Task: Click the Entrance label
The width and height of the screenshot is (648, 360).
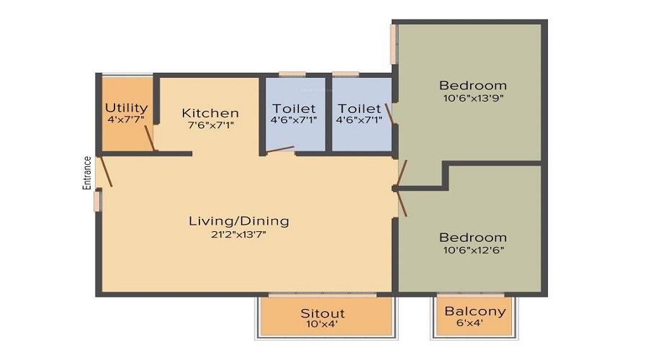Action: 87,173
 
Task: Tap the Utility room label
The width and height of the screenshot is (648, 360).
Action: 127,108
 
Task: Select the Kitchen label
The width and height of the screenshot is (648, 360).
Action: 210,113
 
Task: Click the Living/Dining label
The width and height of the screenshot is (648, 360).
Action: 239,221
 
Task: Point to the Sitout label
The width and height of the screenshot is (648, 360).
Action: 323,313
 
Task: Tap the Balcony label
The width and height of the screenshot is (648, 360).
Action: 475,311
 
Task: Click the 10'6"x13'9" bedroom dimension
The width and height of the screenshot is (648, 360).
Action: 473,99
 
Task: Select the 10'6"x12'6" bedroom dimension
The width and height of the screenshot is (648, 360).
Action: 473,250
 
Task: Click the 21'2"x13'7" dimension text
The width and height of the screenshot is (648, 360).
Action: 238,235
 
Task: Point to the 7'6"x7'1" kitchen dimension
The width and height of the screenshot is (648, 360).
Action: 211,125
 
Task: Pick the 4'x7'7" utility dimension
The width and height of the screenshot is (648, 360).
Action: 126,120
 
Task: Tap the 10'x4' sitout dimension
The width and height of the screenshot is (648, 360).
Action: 323,324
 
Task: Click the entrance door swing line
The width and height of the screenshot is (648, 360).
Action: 105,171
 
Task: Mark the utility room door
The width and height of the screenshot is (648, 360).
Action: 150,138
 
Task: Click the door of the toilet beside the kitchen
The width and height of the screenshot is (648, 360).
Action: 280,149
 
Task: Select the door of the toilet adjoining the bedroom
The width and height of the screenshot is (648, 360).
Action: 390,113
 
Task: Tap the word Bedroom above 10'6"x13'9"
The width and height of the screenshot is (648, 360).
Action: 473,86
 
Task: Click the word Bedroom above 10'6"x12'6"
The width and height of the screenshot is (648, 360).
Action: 473,238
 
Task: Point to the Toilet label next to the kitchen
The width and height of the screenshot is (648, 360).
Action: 294,109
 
